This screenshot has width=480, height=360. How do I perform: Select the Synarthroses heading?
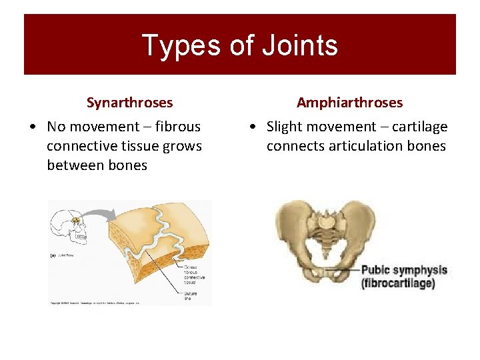click(x=129, y=103)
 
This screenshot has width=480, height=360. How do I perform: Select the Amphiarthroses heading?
click(x=349, y=103)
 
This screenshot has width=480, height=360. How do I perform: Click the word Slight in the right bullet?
click(x=285, y=127)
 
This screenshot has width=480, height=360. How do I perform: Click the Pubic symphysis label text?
click(x=403, y=271)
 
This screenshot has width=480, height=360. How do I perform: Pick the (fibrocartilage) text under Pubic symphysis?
click(x=398, y=283)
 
